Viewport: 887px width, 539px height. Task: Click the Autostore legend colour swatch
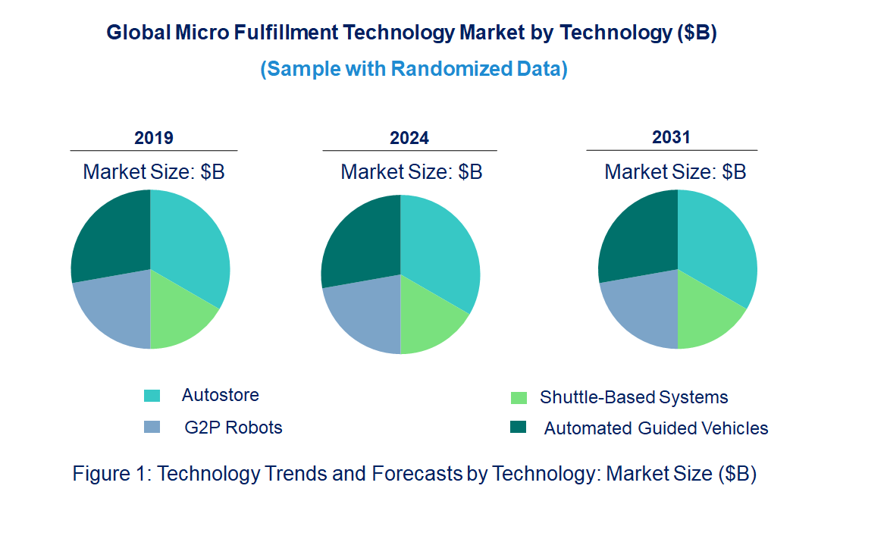click(x=152, y=396)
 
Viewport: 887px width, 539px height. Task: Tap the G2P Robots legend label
click(x=234, y=428)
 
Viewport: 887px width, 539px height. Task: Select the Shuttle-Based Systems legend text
click(x=634, y=397)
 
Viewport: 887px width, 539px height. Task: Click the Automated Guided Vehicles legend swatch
click(x=518, y=428)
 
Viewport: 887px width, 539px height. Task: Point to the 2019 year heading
click(x=154, y=138)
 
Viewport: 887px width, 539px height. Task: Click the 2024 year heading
click(x=409, y=138)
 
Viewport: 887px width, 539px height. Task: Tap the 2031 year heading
click(x=672, y=137)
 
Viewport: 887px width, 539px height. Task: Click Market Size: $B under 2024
click(x=411, y=171)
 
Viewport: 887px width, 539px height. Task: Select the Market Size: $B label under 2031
click(x=675, y=171)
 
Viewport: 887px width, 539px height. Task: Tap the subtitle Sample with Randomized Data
click(x=414, y=69)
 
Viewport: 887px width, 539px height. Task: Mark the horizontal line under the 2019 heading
click(x=154, y=151)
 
